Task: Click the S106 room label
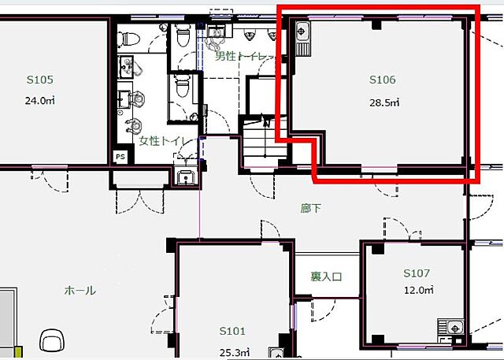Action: click(382, 80)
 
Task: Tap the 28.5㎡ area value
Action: click(384, 102)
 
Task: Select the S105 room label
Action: click(40, 80)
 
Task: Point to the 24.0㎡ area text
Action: click(40, 101)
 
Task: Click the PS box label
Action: click(120, 158)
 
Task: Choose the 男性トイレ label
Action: click(243, 57)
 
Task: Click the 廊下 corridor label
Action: click(310, 208)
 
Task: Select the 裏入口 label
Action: click(326, 276)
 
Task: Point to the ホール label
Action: click(80, 291)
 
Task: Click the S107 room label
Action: click(417, 273)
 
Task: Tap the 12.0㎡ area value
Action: click(419, 290)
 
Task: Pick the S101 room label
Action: click(232, 331)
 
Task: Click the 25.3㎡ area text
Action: click(235, 353)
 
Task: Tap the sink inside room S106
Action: click(302, 39)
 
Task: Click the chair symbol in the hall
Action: click(52, 341)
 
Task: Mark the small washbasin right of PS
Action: click(186, 176)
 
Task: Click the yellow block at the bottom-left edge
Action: click(19, 352)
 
